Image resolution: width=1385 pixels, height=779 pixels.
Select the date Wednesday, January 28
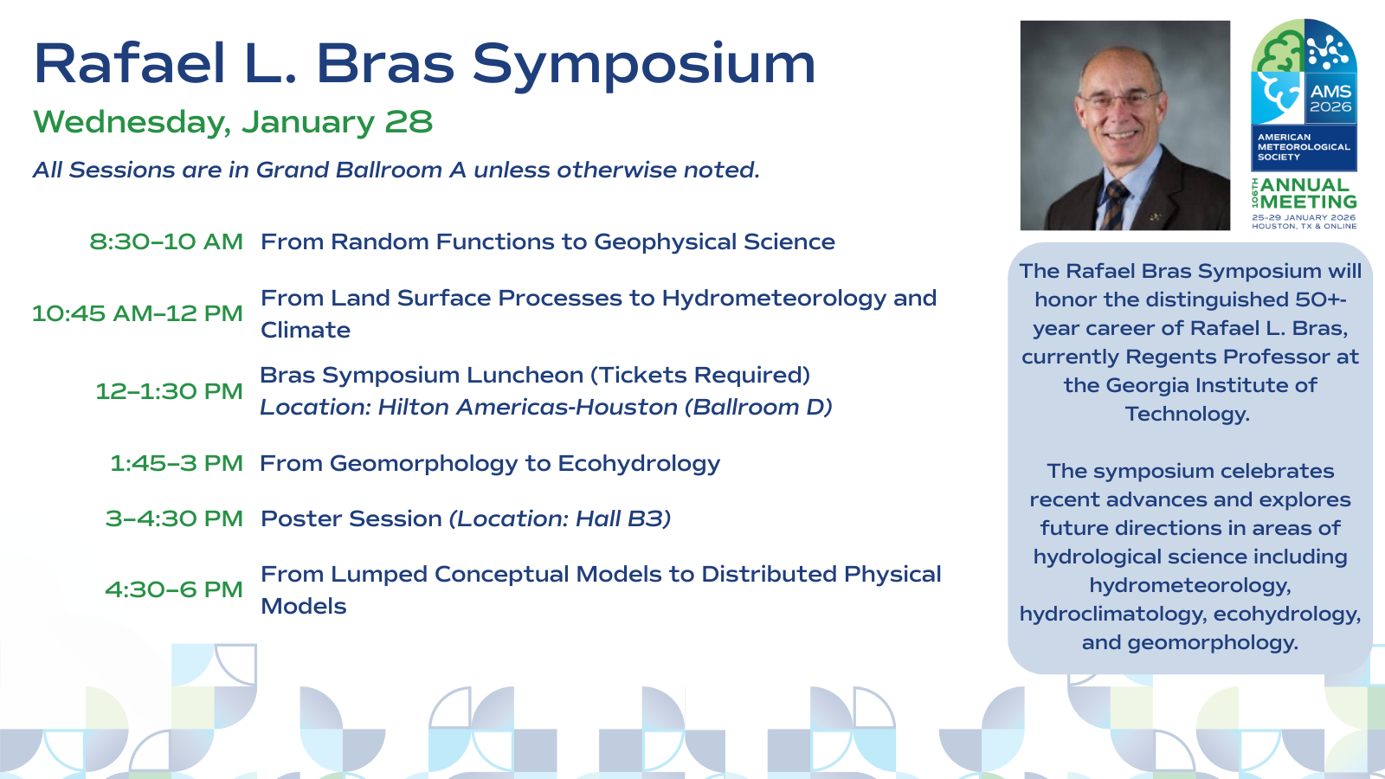233,122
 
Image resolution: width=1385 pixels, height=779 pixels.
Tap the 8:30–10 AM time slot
166,241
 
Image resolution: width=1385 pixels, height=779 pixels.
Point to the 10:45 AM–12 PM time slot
138,313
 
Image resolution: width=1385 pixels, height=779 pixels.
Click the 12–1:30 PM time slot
169,391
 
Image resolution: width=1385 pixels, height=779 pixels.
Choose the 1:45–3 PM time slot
177,463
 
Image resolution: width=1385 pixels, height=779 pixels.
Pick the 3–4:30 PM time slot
174,518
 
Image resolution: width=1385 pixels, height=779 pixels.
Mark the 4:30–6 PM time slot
174,589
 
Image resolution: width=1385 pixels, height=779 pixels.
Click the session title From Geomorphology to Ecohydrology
490,464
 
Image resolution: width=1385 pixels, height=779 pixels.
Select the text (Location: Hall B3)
560,518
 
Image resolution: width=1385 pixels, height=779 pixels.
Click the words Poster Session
351,518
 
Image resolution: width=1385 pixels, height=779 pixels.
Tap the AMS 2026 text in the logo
1330,99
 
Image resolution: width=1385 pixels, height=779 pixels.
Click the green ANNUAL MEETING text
1308,194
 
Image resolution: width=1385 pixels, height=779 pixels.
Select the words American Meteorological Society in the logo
1303,147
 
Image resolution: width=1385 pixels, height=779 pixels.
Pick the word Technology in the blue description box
1187,414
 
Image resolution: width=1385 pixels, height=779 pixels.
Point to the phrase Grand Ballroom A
361,170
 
